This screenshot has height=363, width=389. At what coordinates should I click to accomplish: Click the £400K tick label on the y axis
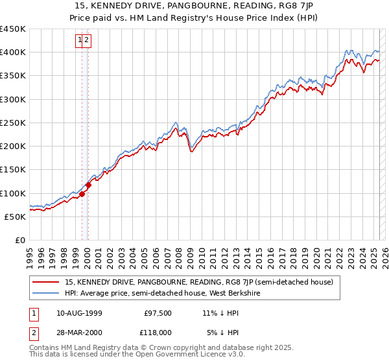click(13, 53)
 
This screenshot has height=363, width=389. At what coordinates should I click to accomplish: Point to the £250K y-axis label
click(13, 123)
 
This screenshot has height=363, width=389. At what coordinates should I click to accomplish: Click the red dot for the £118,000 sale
click(89, 185)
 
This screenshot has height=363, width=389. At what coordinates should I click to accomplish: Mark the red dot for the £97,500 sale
click(82, 194)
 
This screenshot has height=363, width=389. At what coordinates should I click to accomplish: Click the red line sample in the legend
click(45, 282)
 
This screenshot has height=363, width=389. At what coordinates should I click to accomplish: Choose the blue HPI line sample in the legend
click(45, 293)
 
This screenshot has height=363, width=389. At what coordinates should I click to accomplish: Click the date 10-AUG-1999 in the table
click(79, 313)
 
